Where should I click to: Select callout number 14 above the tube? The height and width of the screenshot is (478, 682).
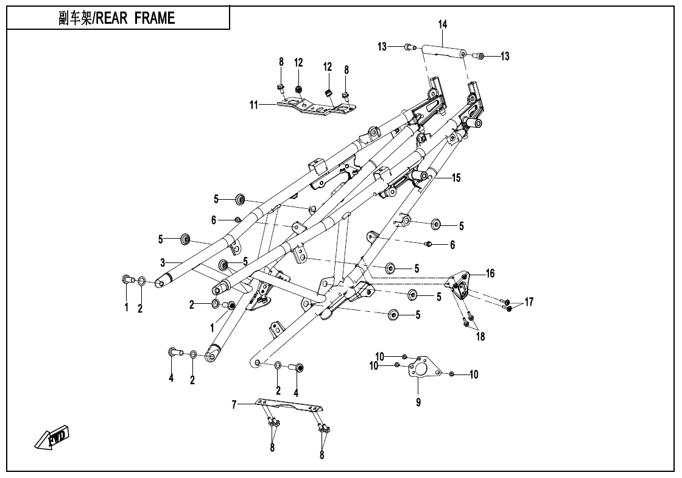(443, 24)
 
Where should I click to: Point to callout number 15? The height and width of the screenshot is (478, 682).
(456, 178)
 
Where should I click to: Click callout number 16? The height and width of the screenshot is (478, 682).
(490, 274)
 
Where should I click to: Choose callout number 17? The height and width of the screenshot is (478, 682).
(529, 301)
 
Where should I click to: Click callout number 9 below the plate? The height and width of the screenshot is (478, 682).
(418, 402)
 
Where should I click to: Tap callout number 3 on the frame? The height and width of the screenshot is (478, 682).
(163, 263)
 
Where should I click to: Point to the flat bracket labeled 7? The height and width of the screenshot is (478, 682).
(289, 406)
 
